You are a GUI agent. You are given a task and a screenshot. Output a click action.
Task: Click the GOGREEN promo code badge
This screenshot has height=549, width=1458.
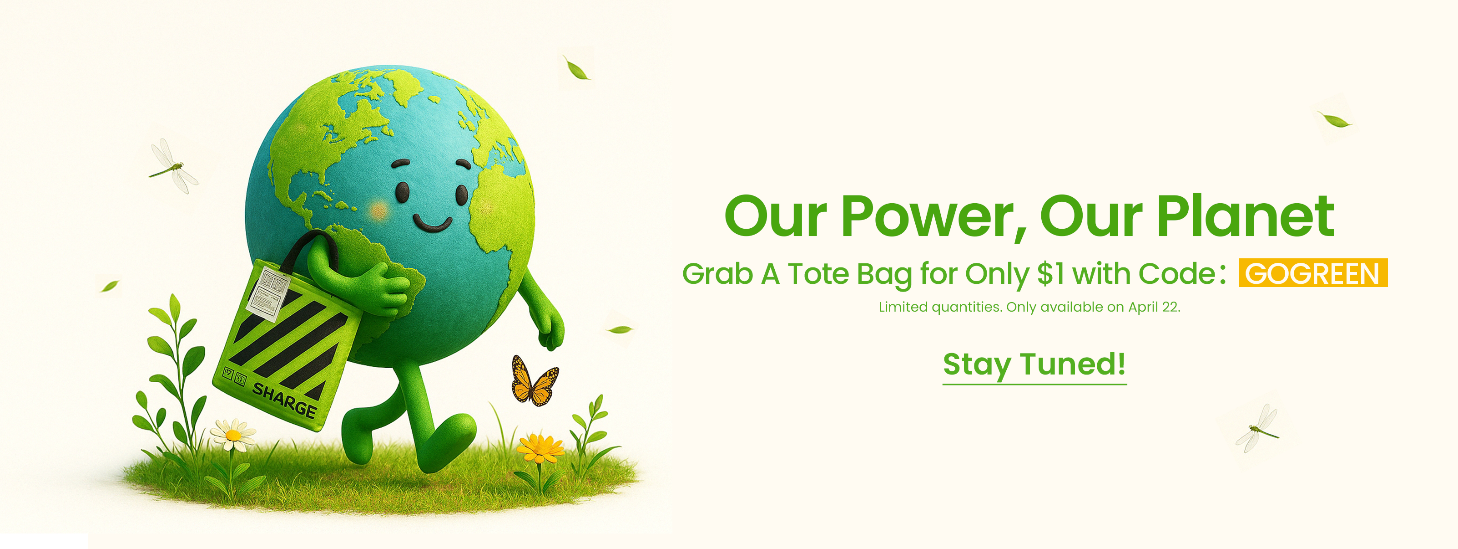click(1312, 272)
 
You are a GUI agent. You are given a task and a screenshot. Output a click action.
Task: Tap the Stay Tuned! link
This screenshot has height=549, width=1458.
click(1034, 365)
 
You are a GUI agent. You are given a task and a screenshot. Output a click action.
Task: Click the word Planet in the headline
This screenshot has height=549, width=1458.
click(1245, 216)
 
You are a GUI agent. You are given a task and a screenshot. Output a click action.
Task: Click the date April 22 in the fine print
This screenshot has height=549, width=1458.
click(1153, 307)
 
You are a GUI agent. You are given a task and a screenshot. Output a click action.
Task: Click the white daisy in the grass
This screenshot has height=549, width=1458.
click(232, 434)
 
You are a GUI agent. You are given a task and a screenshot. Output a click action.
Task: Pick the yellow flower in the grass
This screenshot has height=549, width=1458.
click(540, 447)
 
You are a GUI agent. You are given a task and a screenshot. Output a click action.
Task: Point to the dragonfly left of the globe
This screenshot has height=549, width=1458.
click(172, 166)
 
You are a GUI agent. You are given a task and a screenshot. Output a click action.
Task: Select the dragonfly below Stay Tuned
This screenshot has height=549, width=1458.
click(1258, 429)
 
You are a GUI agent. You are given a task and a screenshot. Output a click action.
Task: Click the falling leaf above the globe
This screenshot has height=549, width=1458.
click(577, 68)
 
